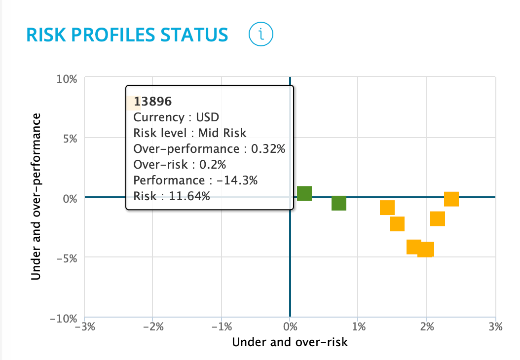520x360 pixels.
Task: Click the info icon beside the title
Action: (x=261, y=34)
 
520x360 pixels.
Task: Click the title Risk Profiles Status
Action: (x=127, y=35)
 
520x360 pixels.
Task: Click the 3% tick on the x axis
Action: (x=495, y=326)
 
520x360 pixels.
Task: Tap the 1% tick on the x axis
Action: (x=359, y=326)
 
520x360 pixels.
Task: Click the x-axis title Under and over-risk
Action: (x=290, y=342)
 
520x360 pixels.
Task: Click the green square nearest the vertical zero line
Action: (x=304, y=193)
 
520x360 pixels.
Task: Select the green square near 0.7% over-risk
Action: (x=339, y=203)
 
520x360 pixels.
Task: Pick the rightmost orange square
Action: (x=451, y=199)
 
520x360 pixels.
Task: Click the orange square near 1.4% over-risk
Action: (x=387, y=208)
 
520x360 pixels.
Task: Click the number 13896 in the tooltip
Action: (x=152, y=102)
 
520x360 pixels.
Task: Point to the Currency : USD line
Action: (x=176, y=117)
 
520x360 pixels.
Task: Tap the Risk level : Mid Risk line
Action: (x=189, y=133)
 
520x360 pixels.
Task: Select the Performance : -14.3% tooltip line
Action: (x=195, y=180)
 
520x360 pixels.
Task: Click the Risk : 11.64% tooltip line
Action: (x=172, y=196)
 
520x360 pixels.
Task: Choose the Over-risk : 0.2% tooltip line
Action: (x=180, y=165)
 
